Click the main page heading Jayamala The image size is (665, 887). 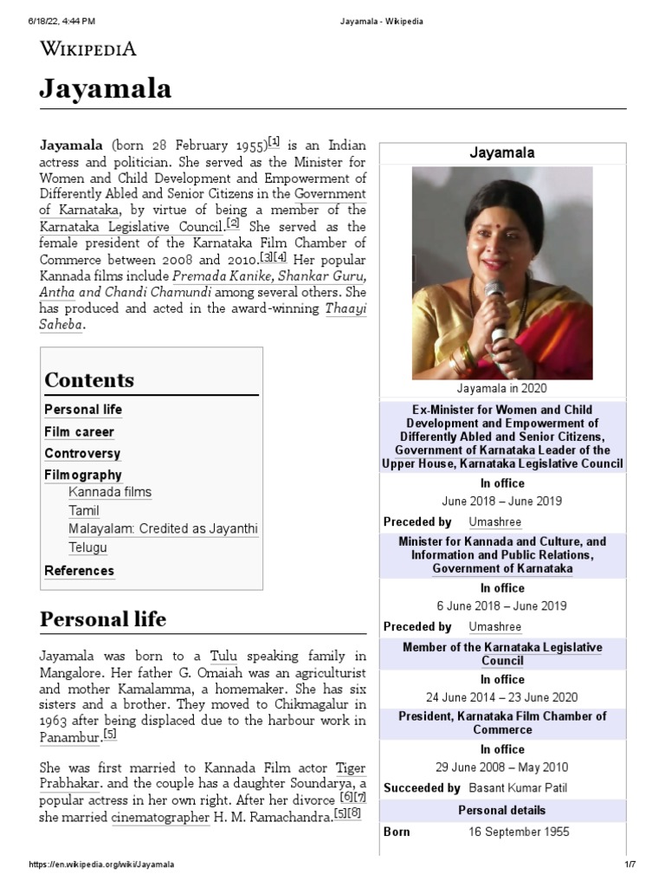(x=105, y=88)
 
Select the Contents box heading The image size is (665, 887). (x=89, y=380)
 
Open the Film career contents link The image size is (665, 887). (x=79, y=431)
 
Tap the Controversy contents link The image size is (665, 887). (x=82, y=453)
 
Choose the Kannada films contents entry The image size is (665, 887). (x=110, y=492)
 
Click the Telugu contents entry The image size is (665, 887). (x=87, y=548)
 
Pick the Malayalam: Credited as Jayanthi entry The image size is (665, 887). (x=163, y=528)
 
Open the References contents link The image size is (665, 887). (x=79, y=571)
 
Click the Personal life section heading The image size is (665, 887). (x=103, y=619)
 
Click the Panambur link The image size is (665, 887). (x=69, y=737)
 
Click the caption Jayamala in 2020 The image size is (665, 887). (x=502, y=389)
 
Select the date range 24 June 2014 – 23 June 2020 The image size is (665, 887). (x=502, y=697)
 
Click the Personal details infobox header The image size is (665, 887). (x=502, y=810)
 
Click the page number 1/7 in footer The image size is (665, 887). (x=629, y=864)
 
